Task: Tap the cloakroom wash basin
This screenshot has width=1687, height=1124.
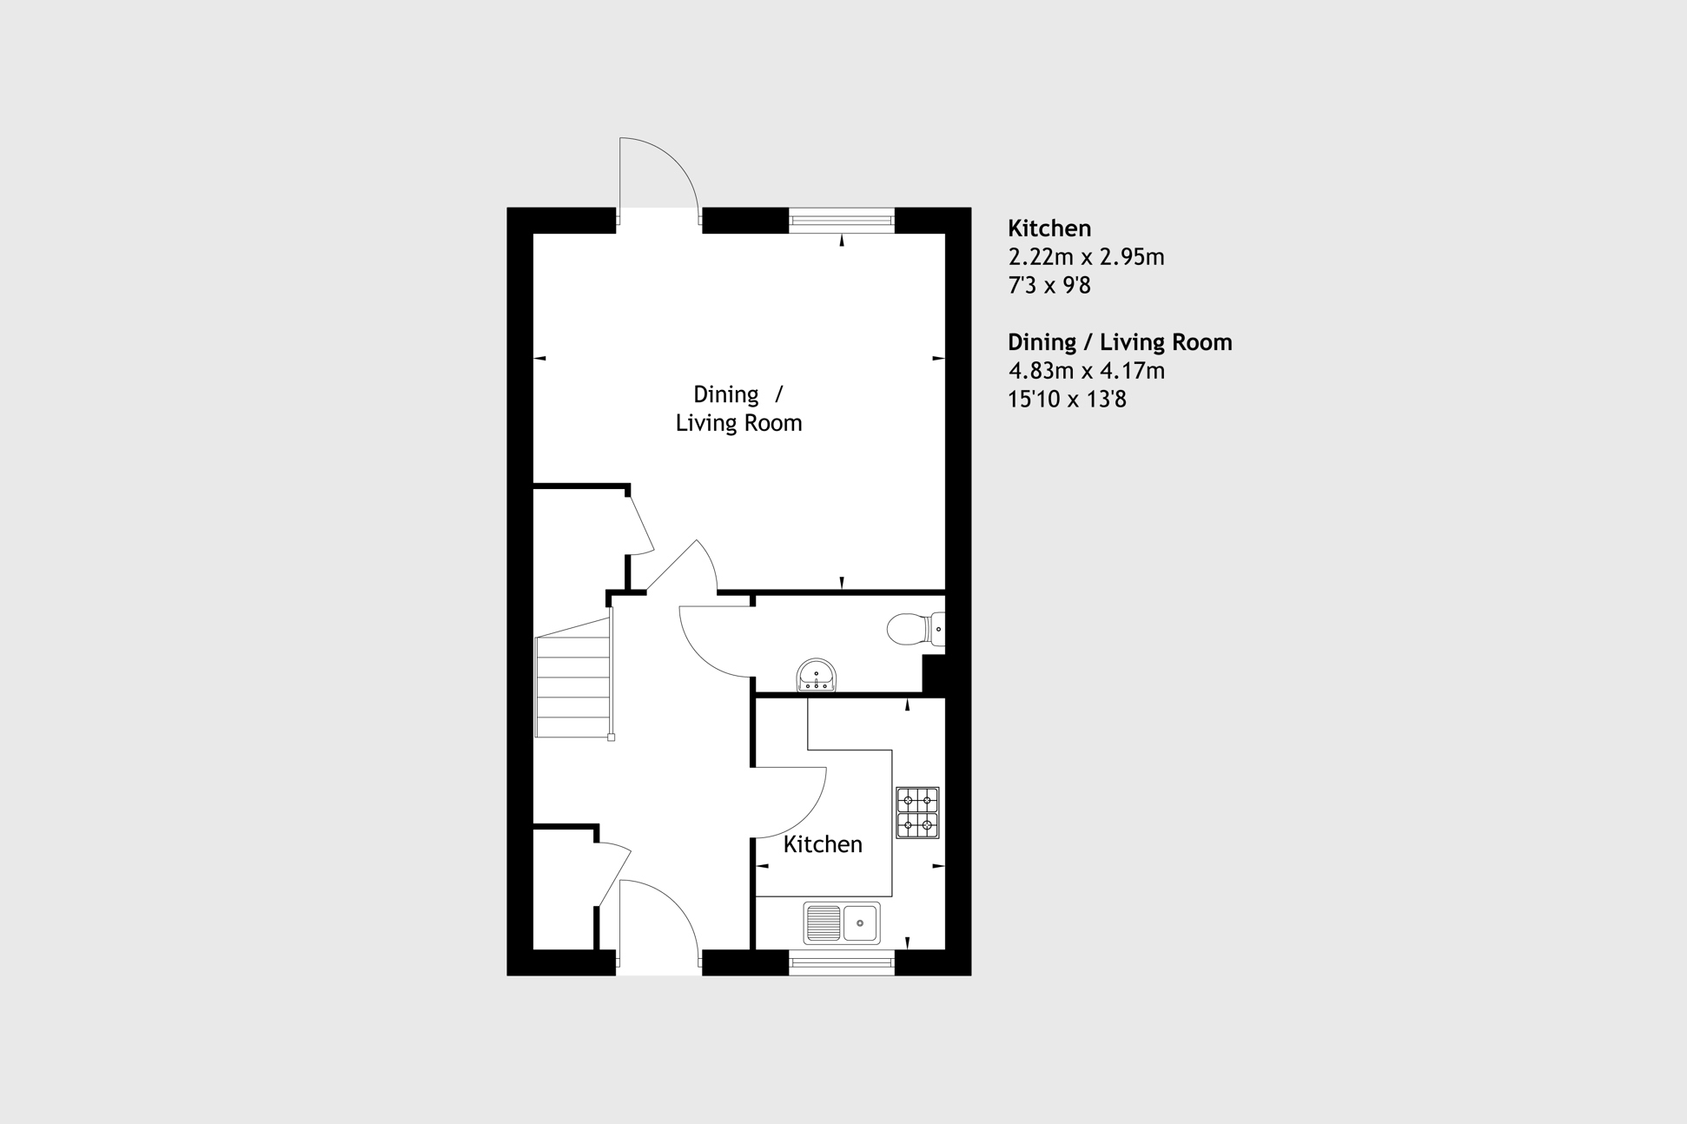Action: click(817, 676)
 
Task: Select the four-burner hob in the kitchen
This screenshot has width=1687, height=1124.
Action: click(917, 813)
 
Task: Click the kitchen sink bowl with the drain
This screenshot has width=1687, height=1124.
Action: click(860, 922)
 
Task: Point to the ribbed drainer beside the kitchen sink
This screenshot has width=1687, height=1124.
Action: click(823, 922)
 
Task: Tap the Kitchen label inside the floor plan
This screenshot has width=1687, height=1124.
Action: click(823, 844)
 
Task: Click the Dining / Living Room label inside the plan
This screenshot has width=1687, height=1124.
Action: click(738, 408)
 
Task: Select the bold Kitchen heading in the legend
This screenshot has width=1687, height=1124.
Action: click(1049, 228)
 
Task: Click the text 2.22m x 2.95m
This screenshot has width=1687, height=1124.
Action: click(1086, 257)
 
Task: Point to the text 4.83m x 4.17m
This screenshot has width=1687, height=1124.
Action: click(1086, 371)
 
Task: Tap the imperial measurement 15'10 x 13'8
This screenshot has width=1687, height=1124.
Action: click(1067, 400)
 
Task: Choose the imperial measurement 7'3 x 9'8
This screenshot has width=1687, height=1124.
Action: click(1049, 285)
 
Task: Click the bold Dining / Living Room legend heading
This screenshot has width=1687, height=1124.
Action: click(1120, 342)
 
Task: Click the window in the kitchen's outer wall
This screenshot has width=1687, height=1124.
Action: click(841, 962)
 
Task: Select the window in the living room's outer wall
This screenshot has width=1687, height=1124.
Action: click(841, 220)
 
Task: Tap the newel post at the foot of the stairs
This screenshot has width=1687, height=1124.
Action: click(612, 737)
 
